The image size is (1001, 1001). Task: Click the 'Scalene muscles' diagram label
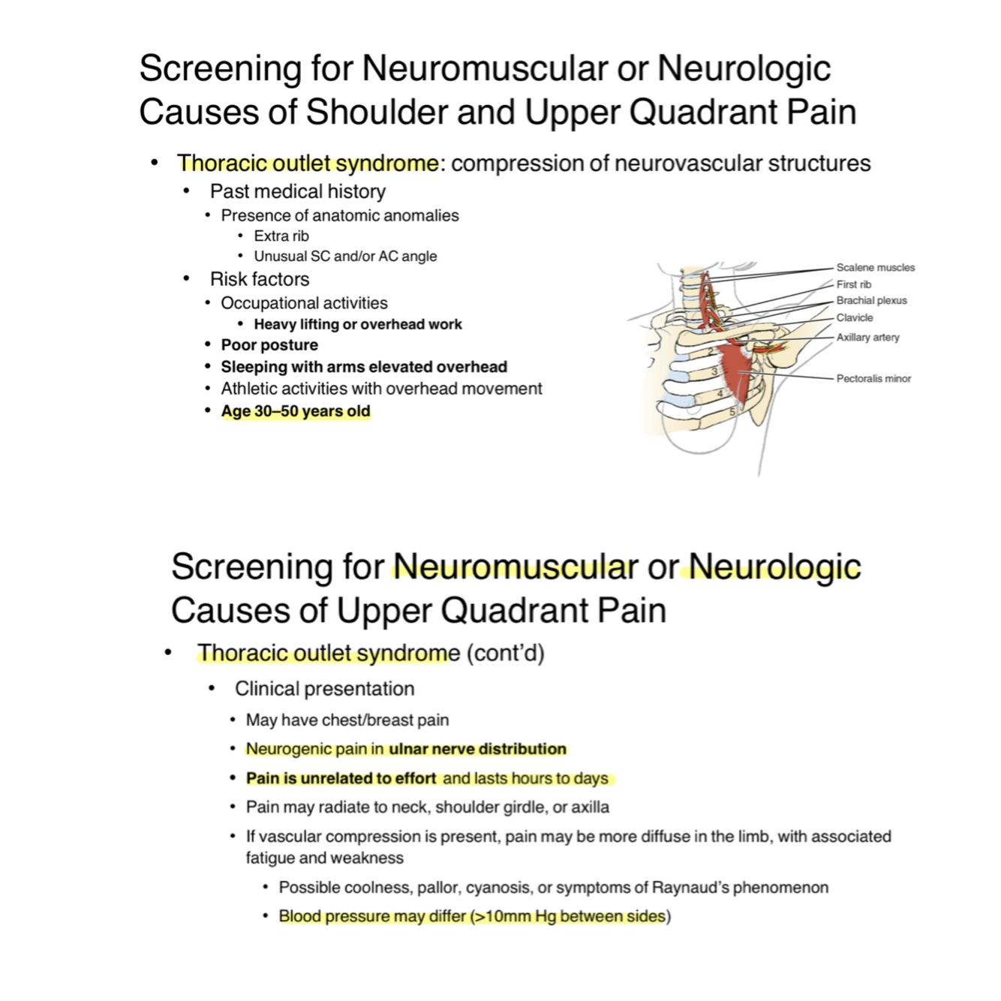(x=875, y=267)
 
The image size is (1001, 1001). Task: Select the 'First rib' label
(x=854, y=284)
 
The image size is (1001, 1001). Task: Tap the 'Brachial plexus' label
(x=871, y=300)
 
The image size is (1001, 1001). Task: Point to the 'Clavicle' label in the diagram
(x=855, y=317)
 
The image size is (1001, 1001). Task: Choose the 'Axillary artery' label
(x=867, y=337)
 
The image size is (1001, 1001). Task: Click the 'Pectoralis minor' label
(x=873, y=378)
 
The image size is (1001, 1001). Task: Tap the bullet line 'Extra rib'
(x=281, y=236)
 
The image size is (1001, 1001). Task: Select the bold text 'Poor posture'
(x=269, y=345)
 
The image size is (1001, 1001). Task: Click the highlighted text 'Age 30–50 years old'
(x=296, y=411)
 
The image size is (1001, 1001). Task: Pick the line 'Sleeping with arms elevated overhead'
(x=364, y=367)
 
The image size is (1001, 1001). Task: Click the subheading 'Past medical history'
(x=298, y=191)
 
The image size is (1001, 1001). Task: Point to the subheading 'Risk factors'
(x=260, y=279)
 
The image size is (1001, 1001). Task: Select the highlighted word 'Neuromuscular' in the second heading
(x=515, y=567)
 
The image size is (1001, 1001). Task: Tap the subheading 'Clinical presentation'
(x=324, y=689)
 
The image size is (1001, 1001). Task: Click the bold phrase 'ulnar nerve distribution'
(x=477, y=749)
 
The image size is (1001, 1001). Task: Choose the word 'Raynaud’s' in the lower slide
(x=690, y=888)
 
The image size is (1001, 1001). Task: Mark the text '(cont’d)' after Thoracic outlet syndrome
(x=505, y=653)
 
